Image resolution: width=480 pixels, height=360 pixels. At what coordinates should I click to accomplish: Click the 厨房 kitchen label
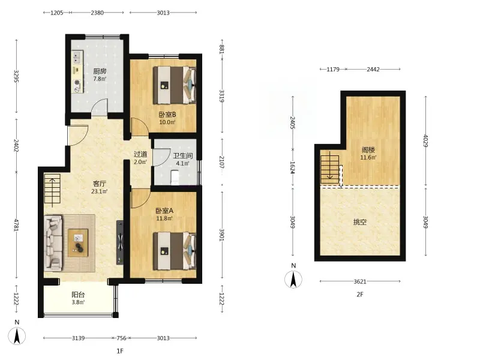click(100, 71)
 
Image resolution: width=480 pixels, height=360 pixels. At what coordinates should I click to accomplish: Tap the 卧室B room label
click(167, 115)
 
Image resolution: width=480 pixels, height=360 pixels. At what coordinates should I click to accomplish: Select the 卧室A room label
click(164, 211)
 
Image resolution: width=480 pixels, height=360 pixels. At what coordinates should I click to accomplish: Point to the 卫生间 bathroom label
click(183, 155)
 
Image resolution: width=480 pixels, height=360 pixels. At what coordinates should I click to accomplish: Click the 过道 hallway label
click(140, 154)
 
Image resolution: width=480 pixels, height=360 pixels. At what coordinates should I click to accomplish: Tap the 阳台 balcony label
click(78, 295)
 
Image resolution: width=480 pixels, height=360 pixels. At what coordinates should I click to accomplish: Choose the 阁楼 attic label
click(368, 149)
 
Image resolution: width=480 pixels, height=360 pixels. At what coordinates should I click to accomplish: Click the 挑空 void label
click(359, 222)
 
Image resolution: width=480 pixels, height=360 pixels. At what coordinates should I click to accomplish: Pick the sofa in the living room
click(53, 243)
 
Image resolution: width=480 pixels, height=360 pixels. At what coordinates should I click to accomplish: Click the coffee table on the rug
click(78, 243)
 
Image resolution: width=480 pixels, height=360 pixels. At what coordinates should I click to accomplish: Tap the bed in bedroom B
click(175, 85)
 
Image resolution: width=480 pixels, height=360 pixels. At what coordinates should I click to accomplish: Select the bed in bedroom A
click(175, 251)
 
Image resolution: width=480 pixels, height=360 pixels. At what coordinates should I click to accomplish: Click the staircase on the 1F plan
click(52, 189)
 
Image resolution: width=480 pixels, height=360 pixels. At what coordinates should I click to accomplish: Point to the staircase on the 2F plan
click(329, 170)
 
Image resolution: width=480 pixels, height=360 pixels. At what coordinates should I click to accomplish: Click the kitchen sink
click(77, 57)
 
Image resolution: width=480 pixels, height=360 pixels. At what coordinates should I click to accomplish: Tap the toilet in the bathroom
click(175, 178)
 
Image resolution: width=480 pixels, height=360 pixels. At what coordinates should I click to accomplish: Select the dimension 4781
click(17, 225)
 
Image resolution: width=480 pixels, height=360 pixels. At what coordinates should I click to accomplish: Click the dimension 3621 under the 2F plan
click(360, 281)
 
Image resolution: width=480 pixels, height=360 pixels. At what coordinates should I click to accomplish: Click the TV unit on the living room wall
click(120, 242)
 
